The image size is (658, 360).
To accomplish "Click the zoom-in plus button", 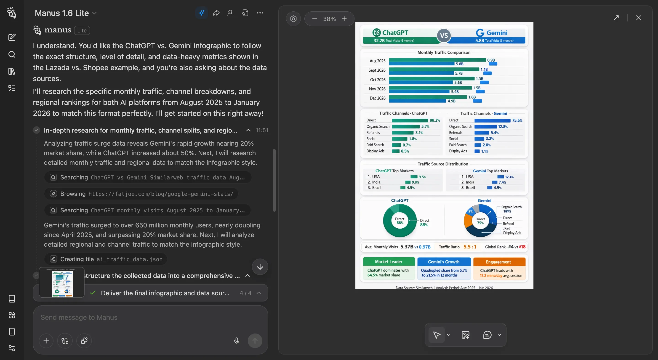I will [344, 19].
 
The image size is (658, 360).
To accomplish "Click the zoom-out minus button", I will [314, 19].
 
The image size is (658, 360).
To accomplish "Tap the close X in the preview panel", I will [638, 18].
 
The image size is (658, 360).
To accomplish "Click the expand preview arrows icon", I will [616, 18].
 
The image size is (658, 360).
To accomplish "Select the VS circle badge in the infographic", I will [444, 35].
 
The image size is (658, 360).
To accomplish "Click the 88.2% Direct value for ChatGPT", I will [434, 120].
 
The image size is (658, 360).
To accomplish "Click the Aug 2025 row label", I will [377, 61].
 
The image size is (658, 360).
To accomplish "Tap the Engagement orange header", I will [498, 262].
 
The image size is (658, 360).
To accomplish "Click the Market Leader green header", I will [389, 262].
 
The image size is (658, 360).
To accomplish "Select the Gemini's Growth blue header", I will [444, 262].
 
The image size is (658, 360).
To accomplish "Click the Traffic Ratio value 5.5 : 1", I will [470, 247].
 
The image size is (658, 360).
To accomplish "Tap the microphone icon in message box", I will [237, 341].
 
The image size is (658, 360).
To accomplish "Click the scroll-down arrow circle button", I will [260, 267].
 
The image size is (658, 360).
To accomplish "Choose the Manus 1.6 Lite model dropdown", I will [66, 13].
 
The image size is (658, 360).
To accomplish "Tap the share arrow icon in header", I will [216, 13].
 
